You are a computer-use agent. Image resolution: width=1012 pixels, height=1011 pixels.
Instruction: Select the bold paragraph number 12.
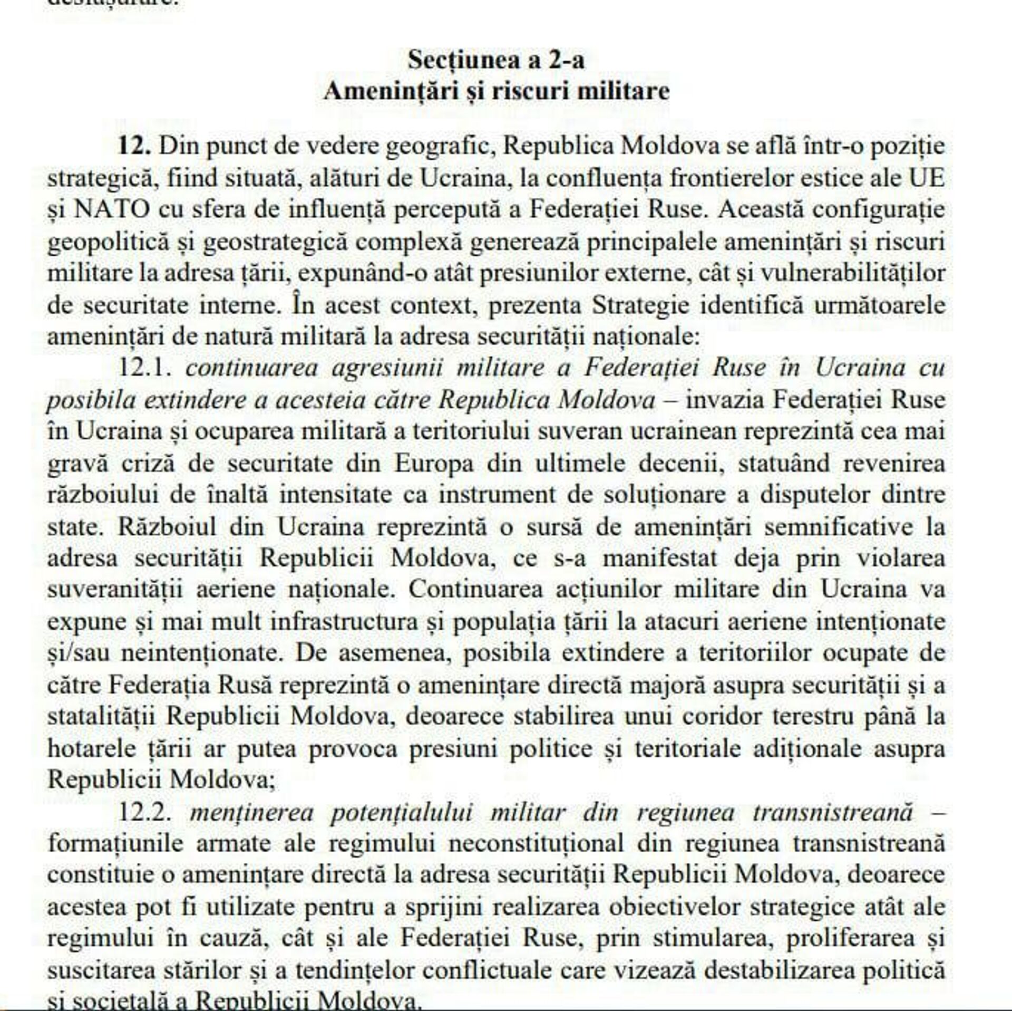click(135, 146)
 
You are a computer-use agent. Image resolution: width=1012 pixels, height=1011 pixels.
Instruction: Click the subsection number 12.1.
click(146, 368)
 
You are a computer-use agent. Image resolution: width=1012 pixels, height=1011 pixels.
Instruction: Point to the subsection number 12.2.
click(146, 812)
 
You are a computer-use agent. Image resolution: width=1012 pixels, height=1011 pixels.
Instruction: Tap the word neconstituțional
click(536, 843)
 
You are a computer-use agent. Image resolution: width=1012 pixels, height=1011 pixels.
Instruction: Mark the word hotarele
click(86, 748)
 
